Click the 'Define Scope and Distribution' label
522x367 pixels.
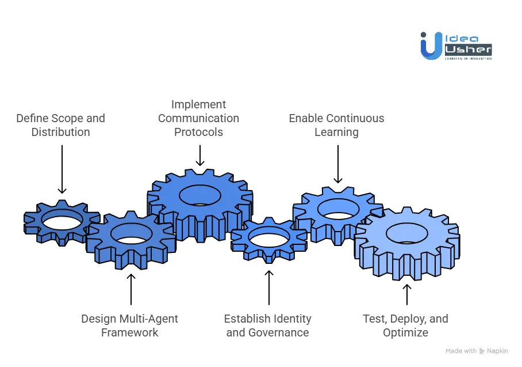pos(60,125)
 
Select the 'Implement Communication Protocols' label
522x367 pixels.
pos(198,118)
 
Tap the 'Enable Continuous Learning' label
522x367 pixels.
pos(336,125)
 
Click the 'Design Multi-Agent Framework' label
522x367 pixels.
pos(130,326)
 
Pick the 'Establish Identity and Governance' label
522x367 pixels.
pos(268,326)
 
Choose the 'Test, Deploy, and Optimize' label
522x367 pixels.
pos(405,326)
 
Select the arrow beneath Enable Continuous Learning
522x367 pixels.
pos(337,164)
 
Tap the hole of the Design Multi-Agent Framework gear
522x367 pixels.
pos(131,233)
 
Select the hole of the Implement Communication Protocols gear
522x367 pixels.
pos(199,195)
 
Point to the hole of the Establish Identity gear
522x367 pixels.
pos(269,236)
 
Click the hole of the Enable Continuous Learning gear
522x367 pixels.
pos(338,208)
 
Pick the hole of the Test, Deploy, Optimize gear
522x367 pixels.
pos(406,233)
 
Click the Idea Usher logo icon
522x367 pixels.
pos(431,46)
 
